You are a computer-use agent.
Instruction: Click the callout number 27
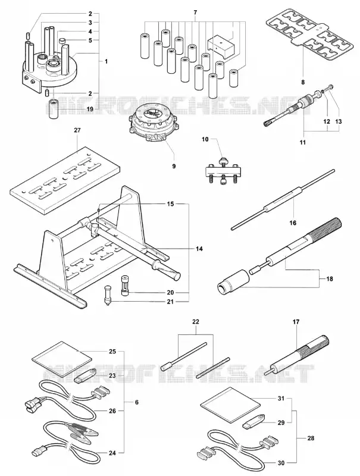pyautogui.click(x=77, y=130)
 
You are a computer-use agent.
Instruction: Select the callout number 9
pyautogui.click(x=174, y=166)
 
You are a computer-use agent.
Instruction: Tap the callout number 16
pyautogui.click(x=293, y=223)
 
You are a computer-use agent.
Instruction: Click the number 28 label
pyautogui.click(x=311, y=438)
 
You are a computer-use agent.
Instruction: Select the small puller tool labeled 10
pyautogui.click(x=223, y=172)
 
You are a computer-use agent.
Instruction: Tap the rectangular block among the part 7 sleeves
pyautogui.click(x=221, y=46)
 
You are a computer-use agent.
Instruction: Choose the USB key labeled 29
pyautogui.click(x=254, y=420)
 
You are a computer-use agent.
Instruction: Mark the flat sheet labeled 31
pyautogui.click(x=231, y=406)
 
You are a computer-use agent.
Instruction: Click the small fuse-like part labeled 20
pyautogui.click(x=124, y=286)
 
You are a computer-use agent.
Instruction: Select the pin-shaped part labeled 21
pyautogui.click(x=108, y=295)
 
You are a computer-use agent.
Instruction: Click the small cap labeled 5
pyautogui.click(x=62, y=40)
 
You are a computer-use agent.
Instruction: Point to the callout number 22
pyautogui.click(x=196, y=322)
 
